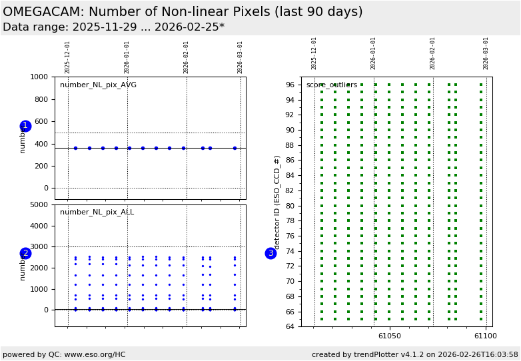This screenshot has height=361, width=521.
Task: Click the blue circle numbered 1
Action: coord(25,126)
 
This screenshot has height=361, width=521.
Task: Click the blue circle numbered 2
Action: coord(25,253)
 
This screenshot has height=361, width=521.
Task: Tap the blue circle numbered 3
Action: coord(270,253)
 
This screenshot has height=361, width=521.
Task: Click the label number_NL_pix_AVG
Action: coord(98,85)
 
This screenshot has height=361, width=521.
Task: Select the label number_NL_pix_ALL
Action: coord(97,212)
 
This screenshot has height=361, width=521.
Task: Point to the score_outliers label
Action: coord(332,85)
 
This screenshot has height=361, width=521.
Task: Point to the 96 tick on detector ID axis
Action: coord(290,85)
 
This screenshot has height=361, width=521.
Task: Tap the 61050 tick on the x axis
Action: coord(390,336)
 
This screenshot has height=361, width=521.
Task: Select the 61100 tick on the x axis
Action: coord(485,336)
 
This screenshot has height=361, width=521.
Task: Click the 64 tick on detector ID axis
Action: coord(290,326)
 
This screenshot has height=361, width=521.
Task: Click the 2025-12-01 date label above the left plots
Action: coord(68,57)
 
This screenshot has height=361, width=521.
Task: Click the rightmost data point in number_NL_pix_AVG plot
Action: coord(235,148)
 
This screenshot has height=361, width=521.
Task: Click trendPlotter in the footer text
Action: coord(371,355)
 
